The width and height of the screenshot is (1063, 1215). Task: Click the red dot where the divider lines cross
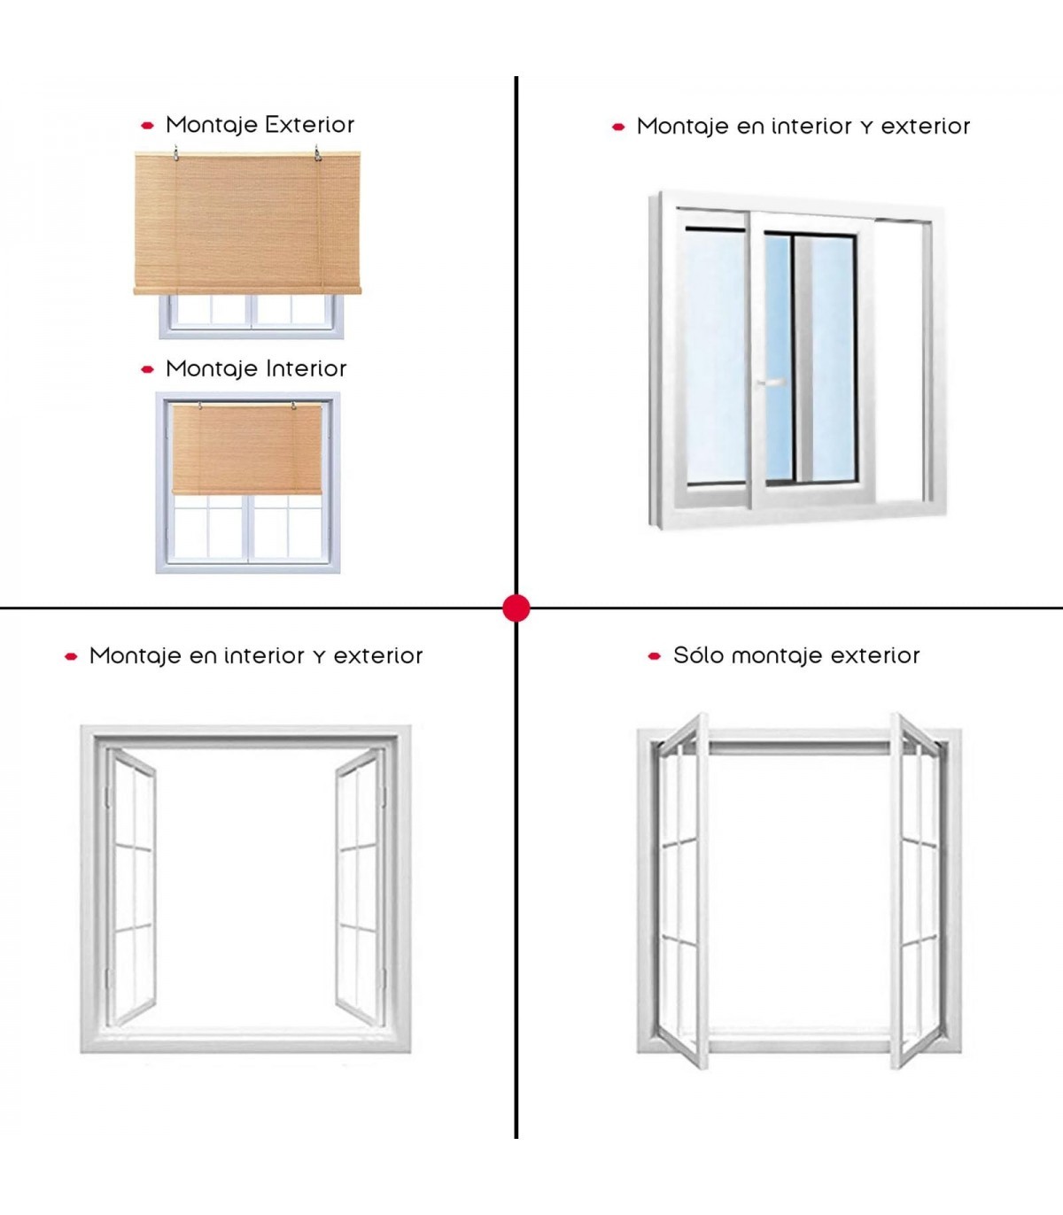coord(516,608)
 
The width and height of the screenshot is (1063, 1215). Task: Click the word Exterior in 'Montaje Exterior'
coord(306,125)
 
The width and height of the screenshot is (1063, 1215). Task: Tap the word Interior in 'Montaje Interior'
coord(302,368)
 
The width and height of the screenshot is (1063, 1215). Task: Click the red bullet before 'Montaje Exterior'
coord(148,126)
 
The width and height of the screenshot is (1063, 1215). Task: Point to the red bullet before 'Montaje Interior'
coord(148,369)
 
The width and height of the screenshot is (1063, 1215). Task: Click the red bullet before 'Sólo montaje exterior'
coord(655,656)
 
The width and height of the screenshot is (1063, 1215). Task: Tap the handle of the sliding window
coord(771,383)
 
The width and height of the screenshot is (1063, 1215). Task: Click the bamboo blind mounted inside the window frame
coord(246,450)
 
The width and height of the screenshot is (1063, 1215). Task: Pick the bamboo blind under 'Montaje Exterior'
coord(247,223)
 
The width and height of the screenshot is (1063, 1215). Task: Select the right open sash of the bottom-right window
coord(916,890)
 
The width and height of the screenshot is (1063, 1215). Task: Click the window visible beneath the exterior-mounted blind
coord(251,316)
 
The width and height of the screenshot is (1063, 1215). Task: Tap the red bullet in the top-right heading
coord(618,128)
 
